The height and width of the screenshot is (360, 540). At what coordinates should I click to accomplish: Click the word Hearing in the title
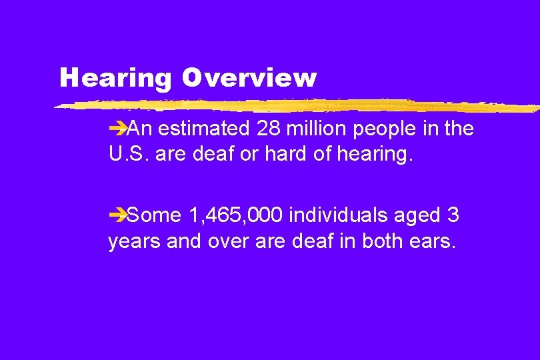(x=115, y=79)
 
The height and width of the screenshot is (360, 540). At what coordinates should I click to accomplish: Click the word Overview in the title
(x=247, y=79)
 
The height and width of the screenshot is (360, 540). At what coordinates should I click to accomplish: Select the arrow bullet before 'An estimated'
(x=116, y=129)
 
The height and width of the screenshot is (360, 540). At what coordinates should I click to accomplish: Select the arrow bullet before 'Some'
(x=116, y=215)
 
